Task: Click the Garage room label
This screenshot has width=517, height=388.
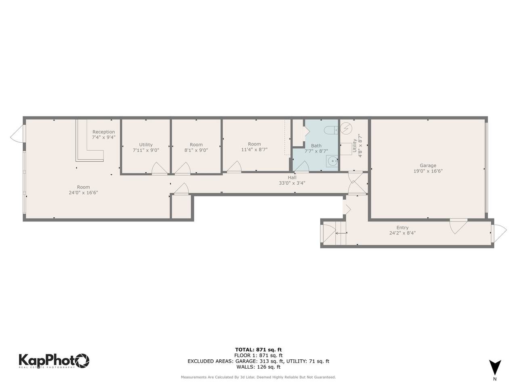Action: pos(428,165)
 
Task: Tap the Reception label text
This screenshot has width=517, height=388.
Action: pos(104,132)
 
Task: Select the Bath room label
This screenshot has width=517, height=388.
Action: pos(316,145)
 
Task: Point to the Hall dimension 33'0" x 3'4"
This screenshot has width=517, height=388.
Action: pos(292,183)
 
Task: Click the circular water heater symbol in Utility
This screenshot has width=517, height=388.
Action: pos(346,129)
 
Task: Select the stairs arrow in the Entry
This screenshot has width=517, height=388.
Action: pos(340,233)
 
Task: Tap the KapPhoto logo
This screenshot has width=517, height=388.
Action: pos(54,360)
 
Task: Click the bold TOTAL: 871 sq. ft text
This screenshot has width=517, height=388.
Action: pos(258,350)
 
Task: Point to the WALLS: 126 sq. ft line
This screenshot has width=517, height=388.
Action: pos(258,367)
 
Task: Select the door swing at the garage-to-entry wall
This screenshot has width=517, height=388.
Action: pos(458,226)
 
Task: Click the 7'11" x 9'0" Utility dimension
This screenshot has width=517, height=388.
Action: pos(146,150)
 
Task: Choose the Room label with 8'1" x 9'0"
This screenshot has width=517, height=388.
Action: pos(196,145)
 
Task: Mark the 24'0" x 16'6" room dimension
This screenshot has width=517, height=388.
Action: pos(84,193)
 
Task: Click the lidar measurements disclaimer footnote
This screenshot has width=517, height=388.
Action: pos(258,377)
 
